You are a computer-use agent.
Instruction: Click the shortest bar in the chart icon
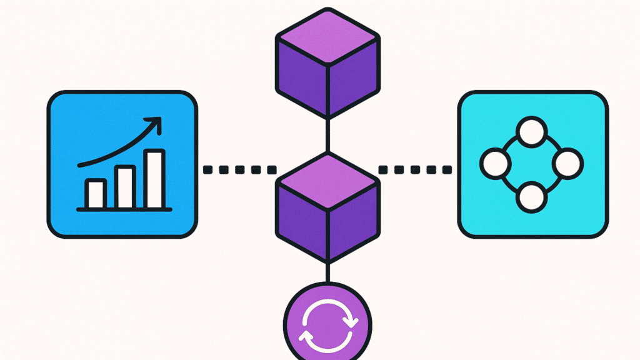[x=96, y=193]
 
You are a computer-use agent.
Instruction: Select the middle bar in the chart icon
[x=124, y=187]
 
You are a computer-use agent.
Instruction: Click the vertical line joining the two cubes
[x=327, y=135]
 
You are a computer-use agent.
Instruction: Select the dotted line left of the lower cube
[x=240, y=169]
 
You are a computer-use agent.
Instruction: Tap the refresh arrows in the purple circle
[x=327, y=321]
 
